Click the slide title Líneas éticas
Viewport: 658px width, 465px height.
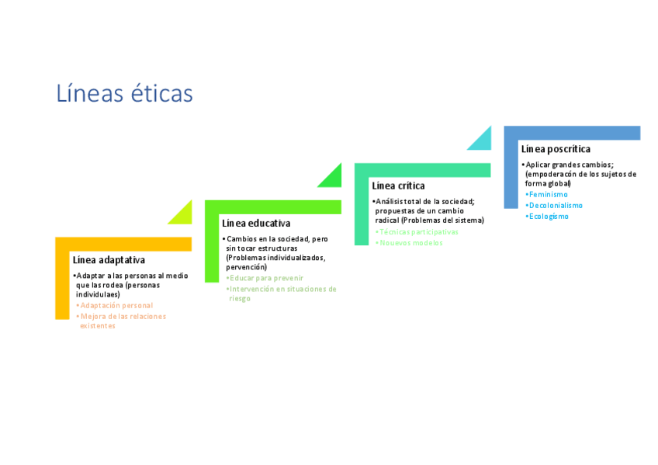124,93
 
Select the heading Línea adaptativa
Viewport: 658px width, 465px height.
109,260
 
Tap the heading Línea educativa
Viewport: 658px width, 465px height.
256,224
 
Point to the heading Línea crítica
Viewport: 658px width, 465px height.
398,186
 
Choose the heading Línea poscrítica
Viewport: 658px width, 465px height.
556,149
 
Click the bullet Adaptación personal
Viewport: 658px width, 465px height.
116,305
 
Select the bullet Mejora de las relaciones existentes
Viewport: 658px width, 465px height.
123,321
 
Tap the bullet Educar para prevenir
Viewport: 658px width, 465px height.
266,278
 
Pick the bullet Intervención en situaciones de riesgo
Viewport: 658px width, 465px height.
282,293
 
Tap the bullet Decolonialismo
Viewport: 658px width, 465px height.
556,205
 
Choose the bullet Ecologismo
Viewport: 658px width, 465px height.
549,217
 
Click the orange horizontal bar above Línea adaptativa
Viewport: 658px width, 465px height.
124,244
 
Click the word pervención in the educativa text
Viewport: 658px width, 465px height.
247,267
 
